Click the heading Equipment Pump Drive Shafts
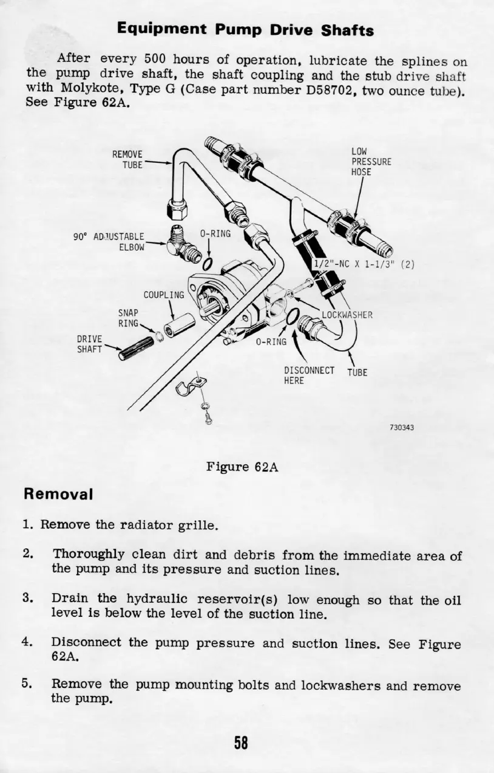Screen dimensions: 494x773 point(246,29)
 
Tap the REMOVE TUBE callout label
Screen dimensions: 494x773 point(127,159)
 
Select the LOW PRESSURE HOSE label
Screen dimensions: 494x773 point(371,161)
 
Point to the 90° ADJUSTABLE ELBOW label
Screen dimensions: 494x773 point(110,241)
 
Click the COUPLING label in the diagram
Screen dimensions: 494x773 point(163,295)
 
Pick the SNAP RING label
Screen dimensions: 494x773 point(128,318)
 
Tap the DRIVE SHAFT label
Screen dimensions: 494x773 point(89,344)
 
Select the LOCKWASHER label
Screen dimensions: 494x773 point(347,315)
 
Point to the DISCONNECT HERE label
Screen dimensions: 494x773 point(309,376)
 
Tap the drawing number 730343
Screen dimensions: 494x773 point(402,427)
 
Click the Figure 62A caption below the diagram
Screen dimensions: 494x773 point(242,467)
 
